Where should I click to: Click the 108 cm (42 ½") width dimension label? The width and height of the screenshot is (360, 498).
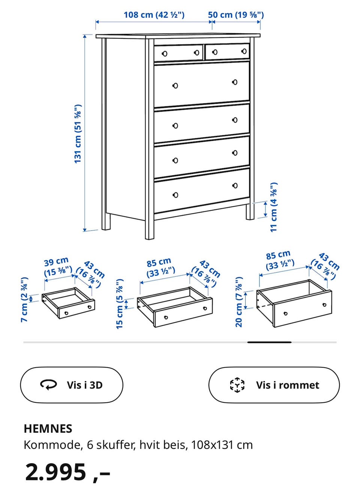click(154, 15)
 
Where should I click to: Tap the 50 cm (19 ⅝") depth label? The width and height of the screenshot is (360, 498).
click(235, 15)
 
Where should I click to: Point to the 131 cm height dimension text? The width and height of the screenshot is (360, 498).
click(78, 134)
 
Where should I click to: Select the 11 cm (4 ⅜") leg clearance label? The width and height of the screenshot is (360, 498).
click(274, 207)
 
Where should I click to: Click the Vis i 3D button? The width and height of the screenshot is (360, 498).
click(72, 385)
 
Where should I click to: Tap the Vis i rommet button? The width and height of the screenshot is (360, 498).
click(274, 385)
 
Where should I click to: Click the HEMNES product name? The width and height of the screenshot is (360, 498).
click(48, 429)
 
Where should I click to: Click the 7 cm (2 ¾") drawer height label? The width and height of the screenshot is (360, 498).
click(24, 299)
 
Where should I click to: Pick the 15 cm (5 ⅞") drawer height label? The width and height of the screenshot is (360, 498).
click(120, 304)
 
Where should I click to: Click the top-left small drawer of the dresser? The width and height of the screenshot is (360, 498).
click(178, 53)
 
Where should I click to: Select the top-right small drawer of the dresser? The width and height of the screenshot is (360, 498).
click(227, 52)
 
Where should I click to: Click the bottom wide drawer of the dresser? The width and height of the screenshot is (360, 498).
click(202, 190)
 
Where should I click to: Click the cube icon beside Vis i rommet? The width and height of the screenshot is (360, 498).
click(237, 385)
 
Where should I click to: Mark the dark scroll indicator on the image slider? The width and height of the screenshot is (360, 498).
click(269, 342)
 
